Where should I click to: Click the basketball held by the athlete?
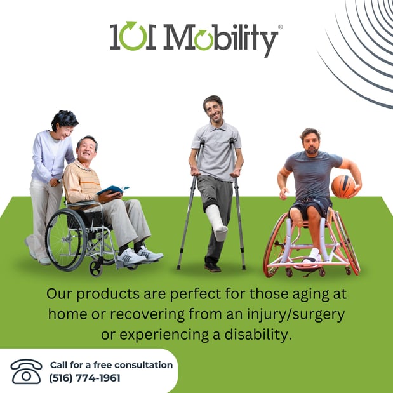[x=343, y=186]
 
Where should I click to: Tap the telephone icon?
[x=26, y=371]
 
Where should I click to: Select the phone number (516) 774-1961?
[x=84, y=378]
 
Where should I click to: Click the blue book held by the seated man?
[x=112, y=189]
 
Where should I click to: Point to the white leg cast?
[x=216, y=222]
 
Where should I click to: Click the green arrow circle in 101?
[x=132, y=36]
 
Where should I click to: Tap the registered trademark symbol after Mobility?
[x=280, y=27]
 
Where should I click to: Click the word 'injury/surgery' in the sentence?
[x=296, y=314]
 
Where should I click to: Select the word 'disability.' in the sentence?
[x=258, y=335]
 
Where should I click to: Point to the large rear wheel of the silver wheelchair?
[x=66, y=239]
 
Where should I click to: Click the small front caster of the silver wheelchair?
[x=96, y=269]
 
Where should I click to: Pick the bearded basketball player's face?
[x=311, y=143]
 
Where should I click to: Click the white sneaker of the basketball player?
[x=312, y=256]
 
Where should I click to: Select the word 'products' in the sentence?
[x=108, y=294]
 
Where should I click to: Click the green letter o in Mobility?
[x=204, y=39]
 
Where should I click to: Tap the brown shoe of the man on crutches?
[x=212, y=267]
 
